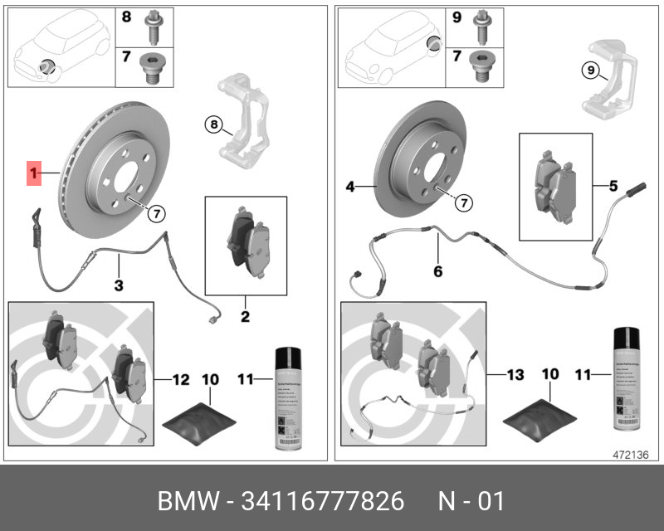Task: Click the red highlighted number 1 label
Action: coord(34,173)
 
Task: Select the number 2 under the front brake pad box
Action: coord(246,316)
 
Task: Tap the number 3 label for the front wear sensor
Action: coord(119,286)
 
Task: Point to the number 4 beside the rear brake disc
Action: coord(350,188)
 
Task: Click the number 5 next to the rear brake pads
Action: coord(613,187)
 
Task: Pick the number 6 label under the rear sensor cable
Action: coord(437,270)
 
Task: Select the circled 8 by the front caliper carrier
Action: coord(214,125)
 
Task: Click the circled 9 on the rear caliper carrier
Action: coord(589,71)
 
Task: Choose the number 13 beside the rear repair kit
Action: coord(515,375)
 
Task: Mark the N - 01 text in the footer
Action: coord(470,502)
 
